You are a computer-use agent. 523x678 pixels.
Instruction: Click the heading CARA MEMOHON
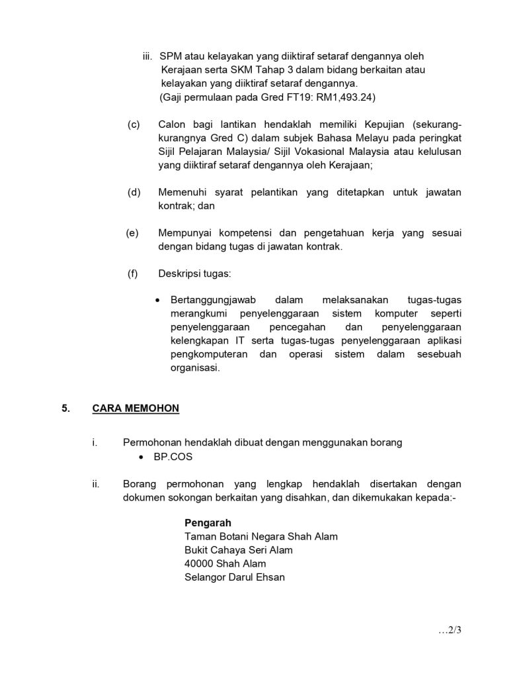pos(136,409)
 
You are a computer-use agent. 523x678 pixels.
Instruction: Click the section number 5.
pos(65,409)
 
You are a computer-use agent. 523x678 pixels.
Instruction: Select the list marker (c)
pos(134,124)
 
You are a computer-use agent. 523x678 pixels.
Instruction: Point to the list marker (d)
pos(134,192)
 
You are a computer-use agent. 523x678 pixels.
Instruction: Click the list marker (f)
pos(133,273)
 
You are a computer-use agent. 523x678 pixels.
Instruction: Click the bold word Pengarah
pos(208,522)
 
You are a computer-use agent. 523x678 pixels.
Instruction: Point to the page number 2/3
pos(449,630)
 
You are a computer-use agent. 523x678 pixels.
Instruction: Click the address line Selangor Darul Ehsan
pos(235,577)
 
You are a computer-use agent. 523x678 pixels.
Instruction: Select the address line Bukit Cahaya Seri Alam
pos(239,550)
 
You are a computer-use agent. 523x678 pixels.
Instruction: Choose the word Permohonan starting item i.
pos(153,442)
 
